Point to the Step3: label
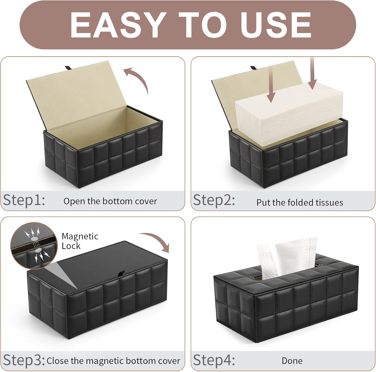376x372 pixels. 24,360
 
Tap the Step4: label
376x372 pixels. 214,360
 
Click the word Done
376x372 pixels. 292,361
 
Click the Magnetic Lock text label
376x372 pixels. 80,241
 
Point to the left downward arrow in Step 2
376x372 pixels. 271,84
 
